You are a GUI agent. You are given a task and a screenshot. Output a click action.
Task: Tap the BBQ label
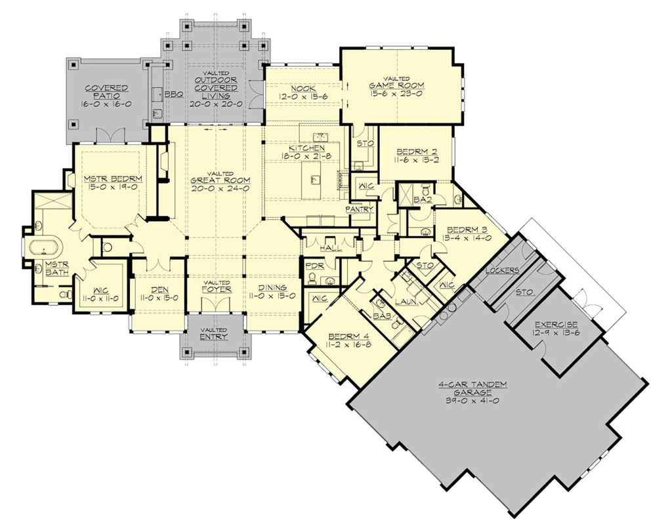pos(173,94)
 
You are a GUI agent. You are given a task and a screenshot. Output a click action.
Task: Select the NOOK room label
pos(304,89)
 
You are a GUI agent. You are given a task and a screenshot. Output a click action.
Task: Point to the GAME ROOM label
pos(396,85)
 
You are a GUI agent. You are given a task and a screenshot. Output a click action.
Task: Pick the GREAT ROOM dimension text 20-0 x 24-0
pos(215,188)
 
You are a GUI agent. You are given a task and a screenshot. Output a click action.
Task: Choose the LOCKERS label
pos(503,270)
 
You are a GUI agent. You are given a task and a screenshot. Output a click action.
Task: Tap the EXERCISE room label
pos(555,324)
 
